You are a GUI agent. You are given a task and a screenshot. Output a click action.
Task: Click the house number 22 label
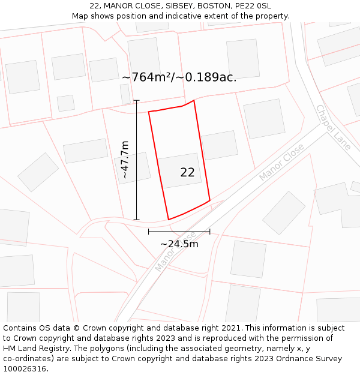point(187,173)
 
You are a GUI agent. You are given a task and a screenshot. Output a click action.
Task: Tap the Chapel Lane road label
point(333,127)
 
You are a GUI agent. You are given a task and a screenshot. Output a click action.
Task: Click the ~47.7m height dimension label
point(125,160)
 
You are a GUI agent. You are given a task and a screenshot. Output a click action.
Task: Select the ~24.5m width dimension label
point(179,244)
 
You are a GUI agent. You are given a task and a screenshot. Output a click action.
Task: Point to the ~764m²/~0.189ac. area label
point(179,77)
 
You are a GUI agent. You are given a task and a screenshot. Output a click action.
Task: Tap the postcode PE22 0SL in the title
point(255,6)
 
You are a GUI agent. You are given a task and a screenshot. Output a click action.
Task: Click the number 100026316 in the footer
point(25,369)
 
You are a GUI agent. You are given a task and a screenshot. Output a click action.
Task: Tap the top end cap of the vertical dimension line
point(137,100)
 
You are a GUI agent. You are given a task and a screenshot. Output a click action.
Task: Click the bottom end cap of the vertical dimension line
point(137,220)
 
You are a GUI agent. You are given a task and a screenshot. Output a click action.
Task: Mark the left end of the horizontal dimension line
point(149,231)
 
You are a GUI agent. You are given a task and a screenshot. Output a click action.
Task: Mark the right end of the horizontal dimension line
point(210,231)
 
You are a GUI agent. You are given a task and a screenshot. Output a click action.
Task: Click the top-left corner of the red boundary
point(149,112)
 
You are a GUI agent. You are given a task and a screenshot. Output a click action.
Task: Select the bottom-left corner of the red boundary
point(169,220)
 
